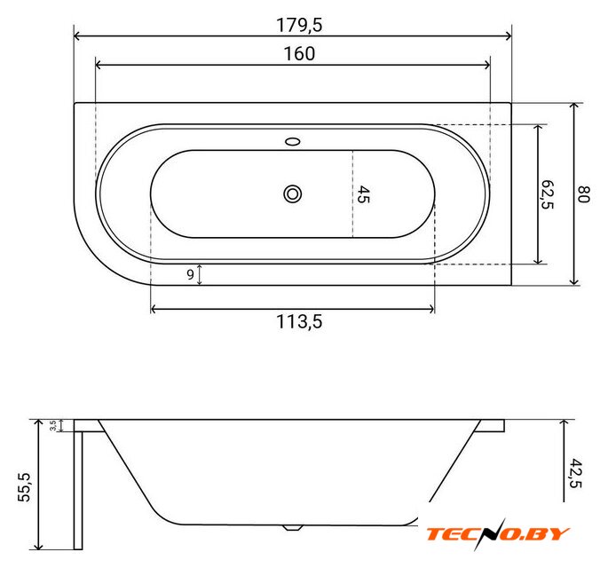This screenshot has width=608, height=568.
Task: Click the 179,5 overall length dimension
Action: click(x=299, y=25)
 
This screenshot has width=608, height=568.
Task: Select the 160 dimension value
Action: click(x=299, y=54)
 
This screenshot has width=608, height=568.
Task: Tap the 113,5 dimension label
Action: click(x=299, y=322)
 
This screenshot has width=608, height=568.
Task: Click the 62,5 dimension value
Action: click(x=547, y=194)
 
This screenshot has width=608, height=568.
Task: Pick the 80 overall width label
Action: click(x=583, y=194)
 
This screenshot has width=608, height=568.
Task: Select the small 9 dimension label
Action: click(x=190, y=274)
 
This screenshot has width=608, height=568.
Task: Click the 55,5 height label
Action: click(x=25, y=487)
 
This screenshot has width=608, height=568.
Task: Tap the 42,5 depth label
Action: click(x=576, y=473)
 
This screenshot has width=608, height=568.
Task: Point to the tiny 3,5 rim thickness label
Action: click(x=53, y=426)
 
